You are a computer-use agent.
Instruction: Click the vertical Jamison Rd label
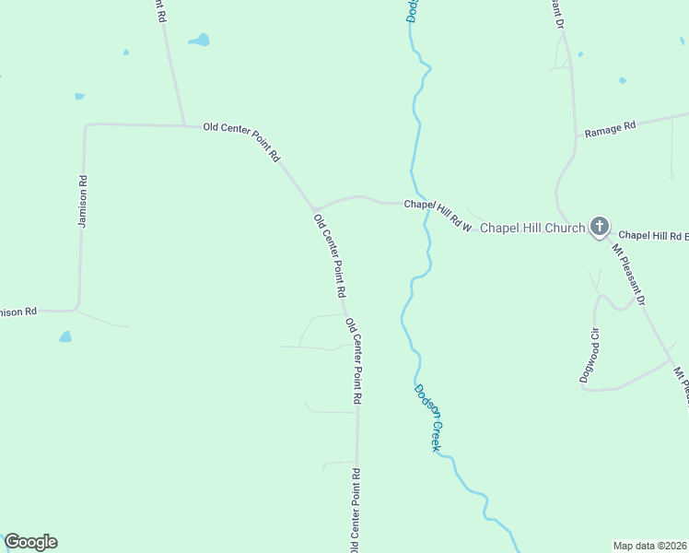[x=83, y=202]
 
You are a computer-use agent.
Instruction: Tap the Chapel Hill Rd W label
[x=438, y=215]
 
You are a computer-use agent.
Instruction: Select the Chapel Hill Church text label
[x=532, y=228]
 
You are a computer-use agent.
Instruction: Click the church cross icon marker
[x=600, y=225]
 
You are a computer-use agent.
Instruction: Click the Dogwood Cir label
[x=594, y=354]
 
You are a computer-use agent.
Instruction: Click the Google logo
[x=30, y=542]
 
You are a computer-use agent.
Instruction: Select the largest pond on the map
[x=199, y=41]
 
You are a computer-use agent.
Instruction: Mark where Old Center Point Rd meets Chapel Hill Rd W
[x=315, y=207]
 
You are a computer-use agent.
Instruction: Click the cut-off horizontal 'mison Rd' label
[x=18, y=312]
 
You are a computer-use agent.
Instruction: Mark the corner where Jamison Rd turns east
[x=86, y=124]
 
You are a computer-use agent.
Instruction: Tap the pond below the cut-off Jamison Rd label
[x=65, y=336]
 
